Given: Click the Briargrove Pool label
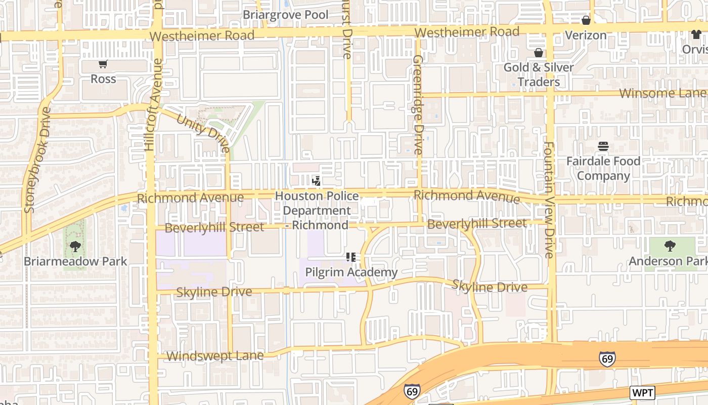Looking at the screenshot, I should pos(285,15).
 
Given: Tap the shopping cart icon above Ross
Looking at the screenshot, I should pos(103,64).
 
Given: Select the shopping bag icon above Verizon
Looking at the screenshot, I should pos(586,20).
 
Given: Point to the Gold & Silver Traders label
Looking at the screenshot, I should pos(539,74).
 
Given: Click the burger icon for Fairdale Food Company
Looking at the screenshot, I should pos(603,147).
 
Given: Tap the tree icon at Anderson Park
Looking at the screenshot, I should pos(670,247).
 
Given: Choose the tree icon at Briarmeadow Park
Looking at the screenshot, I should pos(75,247).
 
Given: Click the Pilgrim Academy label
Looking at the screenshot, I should pos(351,272).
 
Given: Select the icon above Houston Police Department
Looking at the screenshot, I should pos(317,181).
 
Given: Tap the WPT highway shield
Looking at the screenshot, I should pos(642,392).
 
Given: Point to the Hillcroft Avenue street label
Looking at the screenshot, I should pos(154,105).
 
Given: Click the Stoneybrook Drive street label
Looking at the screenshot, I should pos(37,159).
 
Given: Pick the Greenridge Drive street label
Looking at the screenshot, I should pos(418,104).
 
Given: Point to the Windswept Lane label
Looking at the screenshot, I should pos(215,356).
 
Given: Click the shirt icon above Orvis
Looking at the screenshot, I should pos(696,34).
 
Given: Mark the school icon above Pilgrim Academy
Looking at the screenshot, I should pos(351,257).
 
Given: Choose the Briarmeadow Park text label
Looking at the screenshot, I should pos(75,262).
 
